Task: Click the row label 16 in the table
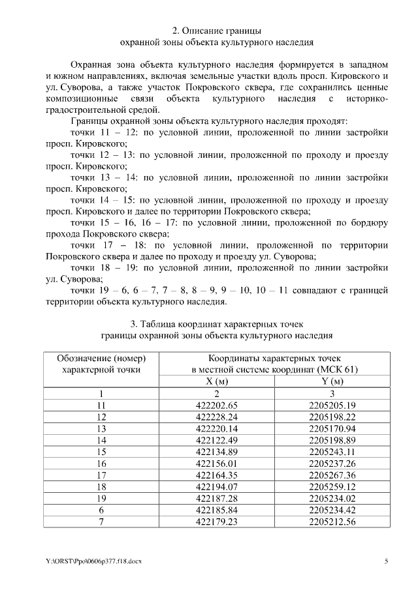[x=101, y=463]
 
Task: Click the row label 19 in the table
[x=101, y=498]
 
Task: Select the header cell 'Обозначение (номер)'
[x=101, y=358]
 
